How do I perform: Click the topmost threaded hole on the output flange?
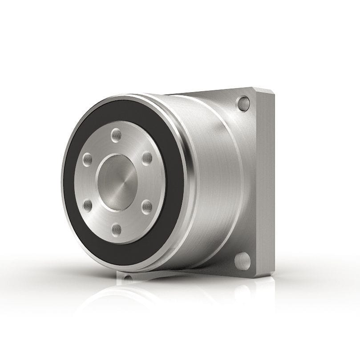click(x=117, y=133)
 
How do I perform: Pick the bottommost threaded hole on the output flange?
click(x=117, y=230)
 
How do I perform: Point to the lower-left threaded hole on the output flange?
click(x=88, y=205)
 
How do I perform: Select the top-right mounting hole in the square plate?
click(x=243, y=104)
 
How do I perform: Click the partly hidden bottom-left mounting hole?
click(x=128, y=279)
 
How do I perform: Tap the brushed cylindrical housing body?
click(x=214, y=178)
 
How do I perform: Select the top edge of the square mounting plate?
click(x=214, y=92)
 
